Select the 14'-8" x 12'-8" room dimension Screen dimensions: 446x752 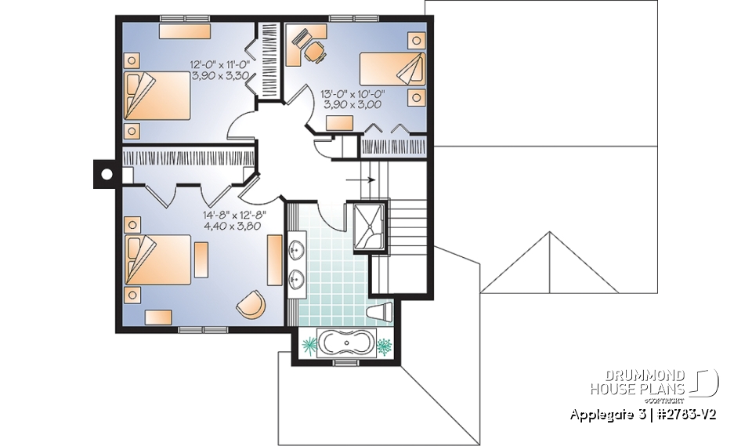coord(234,219)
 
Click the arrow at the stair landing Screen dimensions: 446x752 coord(360,179)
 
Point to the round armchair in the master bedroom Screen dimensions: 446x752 coord(251,304)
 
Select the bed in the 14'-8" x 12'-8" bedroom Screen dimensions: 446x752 coord(159,259)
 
